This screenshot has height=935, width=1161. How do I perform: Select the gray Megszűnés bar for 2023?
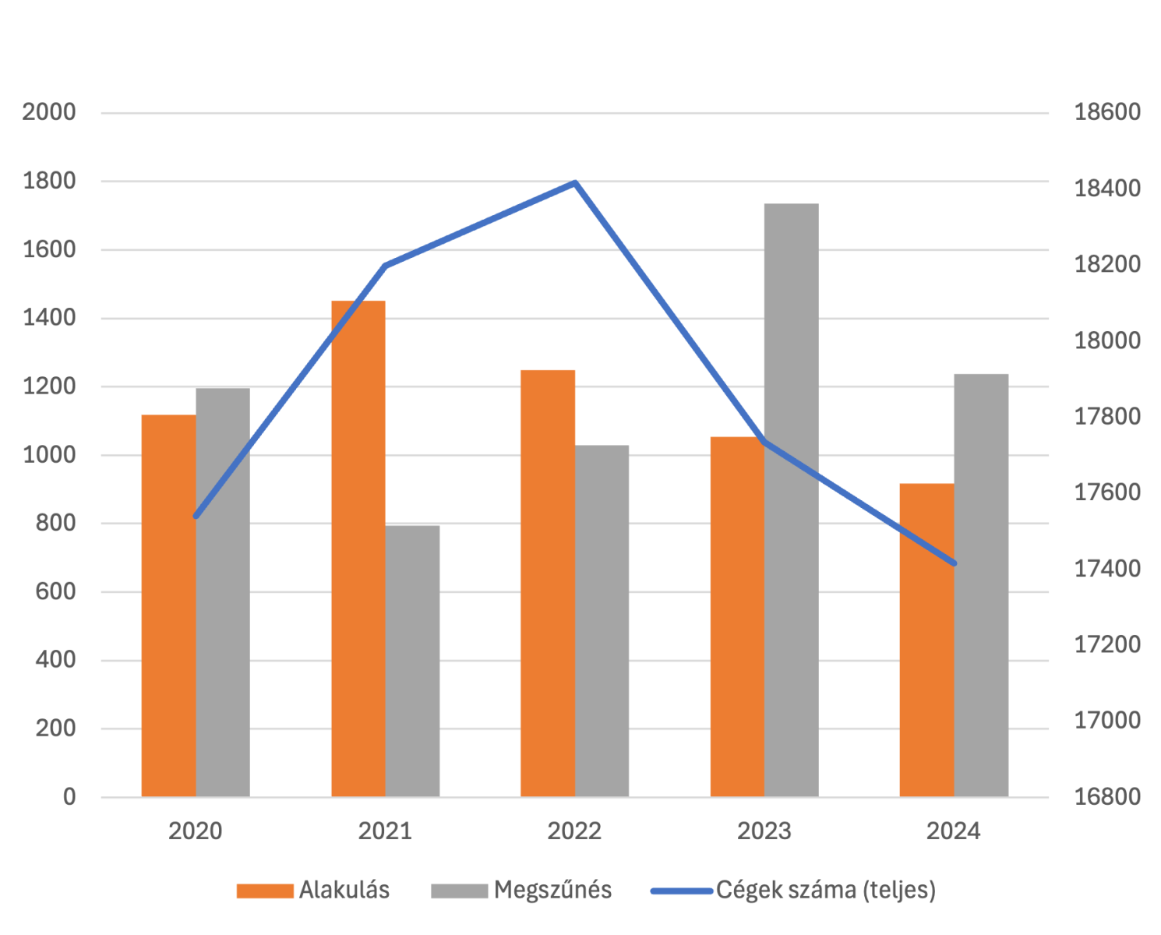click(791, 499)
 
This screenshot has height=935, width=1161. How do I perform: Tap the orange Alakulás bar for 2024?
click(926, 639)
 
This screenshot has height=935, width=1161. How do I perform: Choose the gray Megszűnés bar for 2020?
click(223, 591)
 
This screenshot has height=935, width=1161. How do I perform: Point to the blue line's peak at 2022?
click(575, 183)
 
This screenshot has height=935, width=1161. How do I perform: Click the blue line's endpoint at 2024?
click(954, 563)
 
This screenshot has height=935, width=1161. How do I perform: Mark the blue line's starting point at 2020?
click(196, 516)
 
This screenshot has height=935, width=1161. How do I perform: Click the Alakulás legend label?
click(344, 890)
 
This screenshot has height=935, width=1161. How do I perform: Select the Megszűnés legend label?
click(553, 890)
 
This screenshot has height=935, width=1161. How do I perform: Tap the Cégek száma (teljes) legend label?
click(825, 890)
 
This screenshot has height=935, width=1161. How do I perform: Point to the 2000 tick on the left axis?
click(49, 112)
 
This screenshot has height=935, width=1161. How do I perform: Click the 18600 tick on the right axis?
click(1107, 112)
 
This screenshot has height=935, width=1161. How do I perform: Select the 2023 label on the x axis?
click(764, 831)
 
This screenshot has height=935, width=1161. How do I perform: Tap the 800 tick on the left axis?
click(56, 523)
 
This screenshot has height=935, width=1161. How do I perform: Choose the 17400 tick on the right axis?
click(1107, 569)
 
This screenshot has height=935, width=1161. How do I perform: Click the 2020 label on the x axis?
click(196, 831)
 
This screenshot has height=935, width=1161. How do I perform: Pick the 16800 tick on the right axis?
click(1107, 797)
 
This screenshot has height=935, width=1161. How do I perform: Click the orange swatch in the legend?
click(265, 891)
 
